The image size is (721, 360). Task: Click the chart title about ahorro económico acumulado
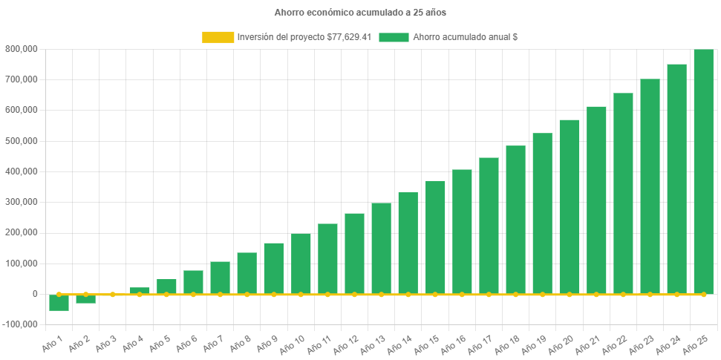point(360,13)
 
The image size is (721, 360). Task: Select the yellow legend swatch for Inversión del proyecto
point(218,37)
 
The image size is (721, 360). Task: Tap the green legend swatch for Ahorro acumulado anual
point(394,37)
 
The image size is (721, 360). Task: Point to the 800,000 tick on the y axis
point(22,49)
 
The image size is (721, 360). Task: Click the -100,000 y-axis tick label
point(21,324)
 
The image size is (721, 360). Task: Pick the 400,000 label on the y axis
point(22,171)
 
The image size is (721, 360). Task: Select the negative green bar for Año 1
point(59,303)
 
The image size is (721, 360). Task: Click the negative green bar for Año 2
point(86,299)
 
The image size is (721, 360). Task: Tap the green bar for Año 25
point(703,171)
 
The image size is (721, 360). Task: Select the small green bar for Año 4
point(140,290)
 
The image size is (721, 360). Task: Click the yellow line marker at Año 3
point(113,295)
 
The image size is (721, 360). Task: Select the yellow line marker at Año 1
point(59,295)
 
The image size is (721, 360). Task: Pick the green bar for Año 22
point(623,193)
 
